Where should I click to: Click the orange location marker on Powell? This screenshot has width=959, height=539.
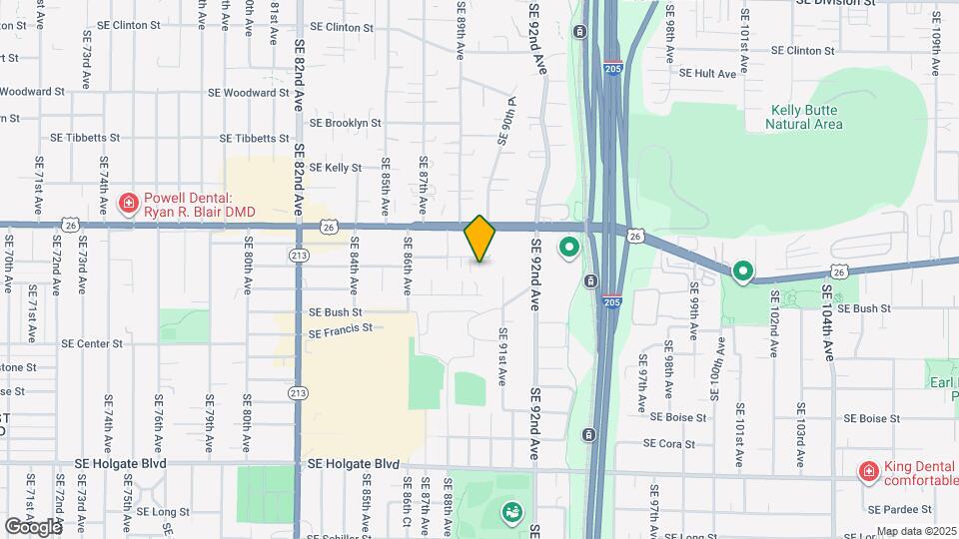479,238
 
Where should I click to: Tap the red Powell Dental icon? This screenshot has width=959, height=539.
128,205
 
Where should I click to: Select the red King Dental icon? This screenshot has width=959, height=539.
868,471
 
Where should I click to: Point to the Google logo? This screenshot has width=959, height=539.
33,526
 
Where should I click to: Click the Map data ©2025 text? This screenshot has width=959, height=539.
916,531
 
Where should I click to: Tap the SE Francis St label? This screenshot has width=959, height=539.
341,327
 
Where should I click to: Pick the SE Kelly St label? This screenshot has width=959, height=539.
336,168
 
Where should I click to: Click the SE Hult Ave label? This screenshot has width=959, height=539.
707,73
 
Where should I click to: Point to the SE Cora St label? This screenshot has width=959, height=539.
675,443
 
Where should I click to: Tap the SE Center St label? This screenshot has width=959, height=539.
92,343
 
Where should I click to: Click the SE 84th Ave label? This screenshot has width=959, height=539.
354,271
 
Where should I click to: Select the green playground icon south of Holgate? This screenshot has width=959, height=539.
512,512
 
